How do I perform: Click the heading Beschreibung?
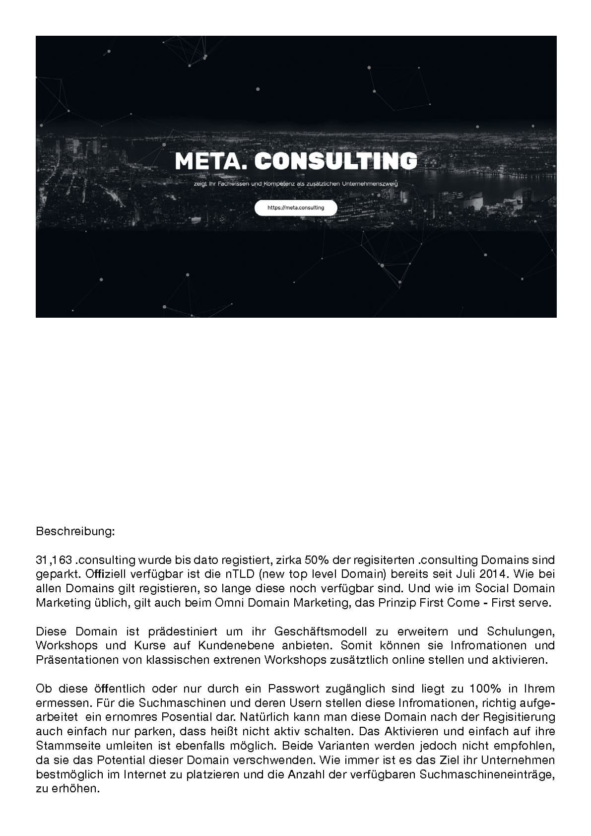[x=75, y=532]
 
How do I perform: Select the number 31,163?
[x=55, y=560]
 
